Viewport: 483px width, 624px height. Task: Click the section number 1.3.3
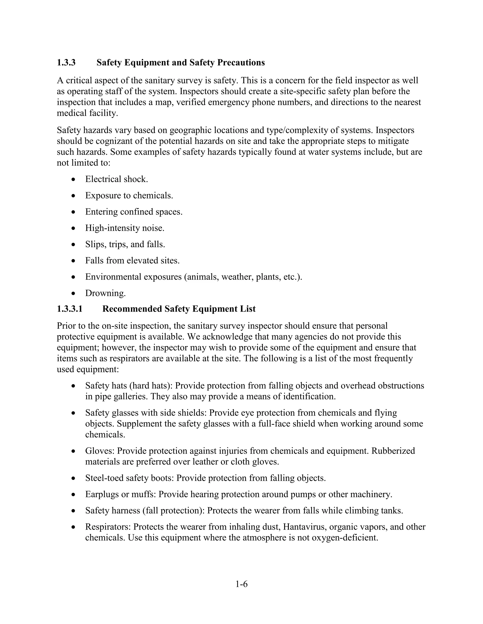pyautogui.click(x=66, y=63)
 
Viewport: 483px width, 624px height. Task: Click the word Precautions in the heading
pyautogui.click(x=241, y=63)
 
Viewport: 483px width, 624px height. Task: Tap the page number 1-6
pyautogui.click(x=241, y=584)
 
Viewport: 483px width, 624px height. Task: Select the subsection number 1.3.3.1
pyautogui.click(x=70, y=309)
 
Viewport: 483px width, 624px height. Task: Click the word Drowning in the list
pyautogui.click(x=105, y=293)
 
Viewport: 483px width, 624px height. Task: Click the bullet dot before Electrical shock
pyautogui.click(x=74, y=179)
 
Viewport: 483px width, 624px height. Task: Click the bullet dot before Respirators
pyautogui.click(x=74, y=527)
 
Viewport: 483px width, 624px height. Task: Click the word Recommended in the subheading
pyautogui.click(x=132, y=309)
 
